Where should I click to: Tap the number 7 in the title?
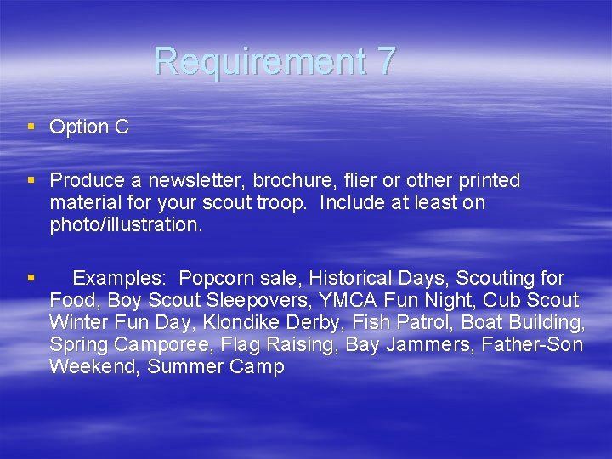click(385, 61)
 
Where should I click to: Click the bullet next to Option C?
click(31, 127)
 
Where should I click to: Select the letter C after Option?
click(122, 127)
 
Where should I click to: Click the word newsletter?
click(203, 181)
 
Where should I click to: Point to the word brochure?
click(303, 181)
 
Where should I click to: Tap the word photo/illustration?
click(126, 225)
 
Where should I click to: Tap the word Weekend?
click(94, 367)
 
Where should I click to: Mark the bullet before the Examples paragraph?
click(31, 277)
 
